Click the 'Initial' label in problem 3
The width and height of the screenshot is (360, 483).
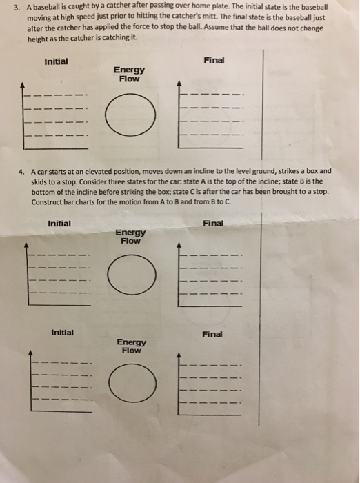click(x=56, y=61)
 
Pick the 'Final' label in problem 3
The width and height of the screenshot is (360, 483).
click(x=214, y=60)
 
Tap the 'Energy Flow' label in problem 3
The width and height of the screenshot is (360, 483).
click(x=129, y=74)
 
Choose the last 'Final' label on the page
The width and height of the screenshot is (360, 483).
click(x=212, y=334)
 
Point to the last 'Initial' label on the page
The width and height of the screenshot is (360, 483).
click(x=63, y=332)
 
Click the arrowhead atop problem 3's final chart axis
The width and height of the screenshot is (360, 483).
click(x=179, y=84)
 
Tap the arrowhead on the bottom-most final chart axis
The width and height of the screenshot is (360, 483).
click(x=180, y=357)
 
